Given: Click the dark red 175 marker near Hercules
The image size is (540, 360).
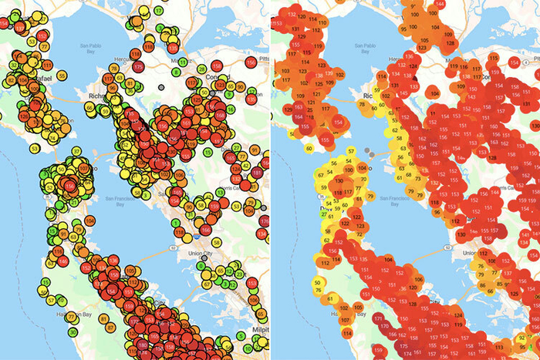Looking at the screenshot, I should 137,66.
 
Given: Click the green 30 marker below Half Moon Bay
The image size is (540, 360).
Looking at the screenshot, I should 71,332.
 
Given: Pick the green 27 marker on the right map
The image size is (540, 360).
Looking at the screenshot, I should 324,214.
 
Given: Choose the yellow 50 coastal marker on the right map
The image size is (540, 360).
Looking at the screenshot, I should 318,284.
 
